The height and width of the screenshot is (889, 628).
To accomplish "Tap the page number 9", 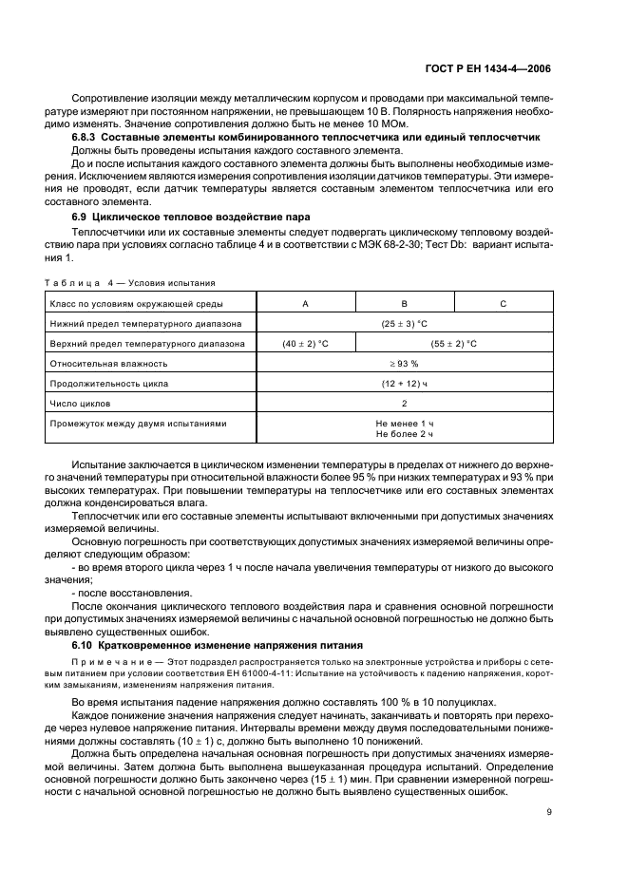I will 550,811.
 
